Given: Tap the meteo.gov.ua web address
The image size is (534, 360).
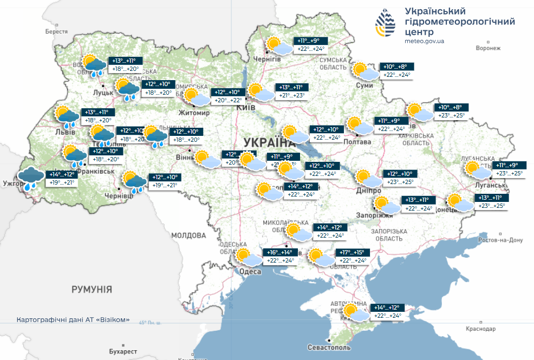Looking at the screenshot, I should tap(425, 41).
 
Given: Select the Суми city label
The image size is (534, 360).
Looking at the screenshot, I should tap(363, 86).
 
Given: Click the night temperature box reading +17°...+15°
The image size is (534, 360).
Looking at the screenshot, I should tap(353, 252).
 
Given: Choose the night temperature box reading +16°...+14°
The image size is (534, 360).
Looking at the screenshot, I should tap(280, 252).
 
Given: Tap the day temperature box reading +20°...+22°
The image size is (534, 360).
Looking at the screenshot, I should tap(229, 100).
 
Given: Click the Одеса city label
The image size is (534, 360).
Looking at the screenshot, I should tap(250, 272).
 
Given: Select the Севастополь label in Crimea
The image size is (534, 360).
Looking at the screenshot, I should tap(328, 347).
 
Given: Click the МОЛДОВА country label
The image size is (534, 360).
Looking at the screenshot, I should tap(188, 235).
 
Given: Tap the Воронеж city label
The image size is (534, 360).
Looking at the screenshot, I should tap(488, 48).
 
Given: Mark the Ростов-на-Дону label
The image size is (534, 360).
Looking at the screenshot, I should tap(500, 240).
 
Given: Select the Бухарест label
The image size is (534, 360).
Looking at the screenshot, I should tap(122, 351).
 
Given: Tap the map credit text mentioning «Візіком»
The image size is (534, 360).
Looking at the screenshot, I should tap(73, 320).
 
